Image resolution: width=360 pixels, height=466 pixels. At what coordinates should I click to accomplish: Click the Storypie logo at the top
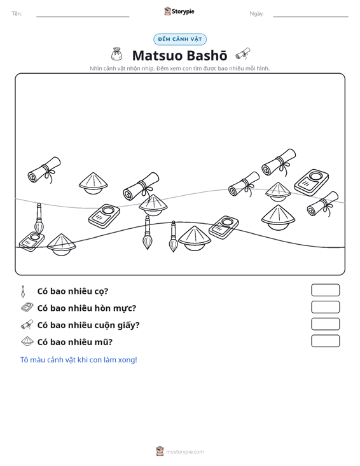tap(179, 11)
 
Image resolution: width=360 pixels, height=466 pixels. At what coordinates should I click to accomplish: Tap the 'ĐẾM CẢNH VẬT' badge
tap(180, 39)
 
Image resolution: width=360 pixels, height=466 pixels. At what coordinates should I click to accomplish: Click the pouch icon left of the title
tap(116, 54)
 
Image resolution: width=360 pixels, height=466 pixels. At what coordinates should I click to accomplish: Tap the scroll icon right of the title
tap(243, 54)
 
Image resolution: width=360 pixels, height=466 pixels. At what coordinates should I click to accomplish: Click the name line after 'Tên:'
tap(83, 17)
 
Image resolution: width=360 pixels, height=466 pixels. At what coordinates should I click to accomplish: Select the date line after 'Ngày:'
tap(310, 17)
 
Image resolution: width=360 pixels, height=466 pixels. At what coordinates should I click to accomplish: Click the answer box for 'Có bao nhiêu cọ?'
tap(325, 290)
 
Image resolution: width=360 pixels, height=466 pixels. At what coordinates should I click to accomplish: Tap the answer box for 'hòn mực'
tap(325, 307)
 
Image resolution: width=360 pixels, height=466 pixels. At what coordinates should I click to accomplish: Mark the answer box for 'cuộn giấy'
tap(325, 324)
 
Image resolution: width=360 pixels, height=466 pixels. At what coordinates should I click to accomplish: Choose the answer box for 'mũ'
tap(325, 341)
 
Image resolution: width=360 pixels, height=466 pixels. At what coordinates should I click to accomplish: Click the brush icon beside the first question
tap(23, 291)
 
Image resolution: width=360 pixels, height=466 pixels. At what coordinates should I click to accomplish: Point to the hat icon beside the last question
tap(27, 341)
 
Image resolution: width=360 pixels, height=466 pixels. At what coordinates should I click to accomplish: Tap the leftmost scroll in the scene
tap(45, 170)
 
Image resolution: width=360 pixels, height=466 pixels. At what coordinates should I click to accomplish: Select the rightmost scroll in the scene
tap(322, 204)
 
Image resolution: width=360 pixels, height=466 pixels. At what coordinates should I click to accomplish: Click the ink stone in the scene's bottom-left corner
tap(32, 242)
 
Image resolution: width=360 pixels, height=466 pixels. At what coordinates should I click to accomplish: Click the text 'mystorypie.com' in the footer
tap(185, 452)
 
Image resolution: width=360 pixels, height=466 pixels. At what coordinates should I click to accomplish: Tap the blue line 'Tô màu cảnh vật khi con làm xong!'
tap(78, 360)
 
